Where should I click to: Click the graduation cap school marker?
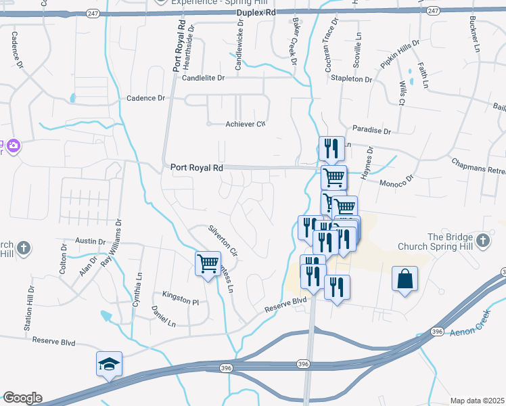tap(109, 363)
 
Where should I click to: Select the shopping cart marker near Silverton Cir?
tap(208, 263)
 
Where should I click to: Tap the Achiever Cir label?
tap(246, 124)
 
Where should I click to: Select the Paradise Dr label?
tap(372, 129)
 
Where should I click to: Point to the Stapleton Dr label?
tap(351, 79)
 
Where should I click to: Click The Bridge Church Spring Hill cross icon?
tap(482, 241)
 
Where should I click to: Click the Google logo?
tap(22, 398)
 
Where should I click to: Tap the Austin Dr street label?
tap(87, 241)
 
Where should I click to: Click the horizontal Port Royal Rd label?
tap(197, 167)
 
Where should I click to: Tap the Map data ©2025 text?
tap(476, 401)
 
